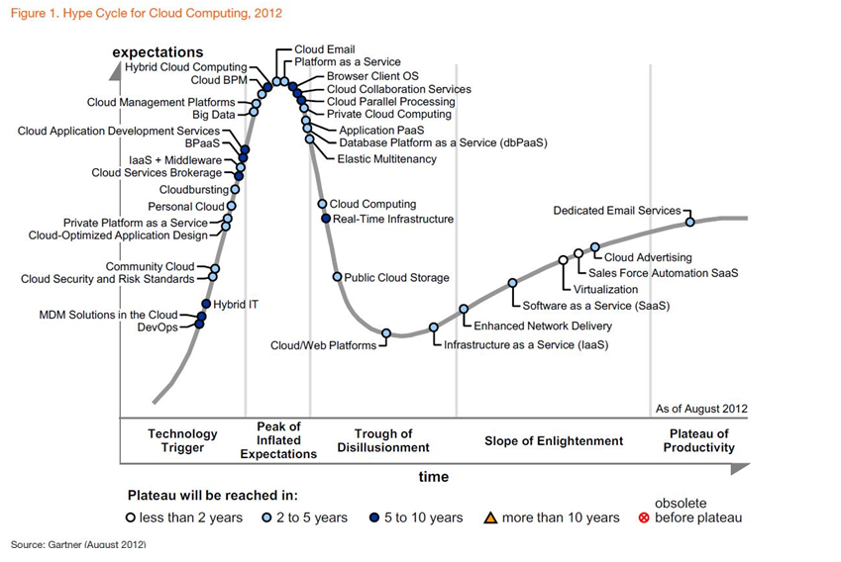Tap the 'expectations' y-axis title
(x=158, y=51)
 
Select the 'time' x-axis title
(x=433, y=477)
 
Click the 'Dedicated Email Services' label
(x=616, y=211)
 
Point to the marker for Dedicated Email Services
(x=690, y=222)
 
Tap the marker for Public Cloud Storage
(x=338, y=277)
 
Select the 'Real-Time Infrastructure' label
(x=393, y=220)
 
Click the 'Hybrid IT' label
(x=236, y=305)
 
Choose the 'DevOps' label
(x=158, y=328)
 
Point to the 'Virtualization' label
(x=606, y=290)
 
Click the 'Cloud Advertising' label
(x=648, y=258)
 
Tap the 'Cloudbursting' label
(x=192, y=189)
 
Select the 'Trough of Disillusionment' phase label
(x=383, y=440)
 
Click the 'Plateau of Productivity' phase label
(x=700, y=440)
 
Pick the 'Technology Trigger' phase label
(x=182, y=440)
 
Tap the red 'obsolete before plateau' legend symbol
(x=644, y=517)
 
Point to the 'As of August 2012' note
(x=701, y=409)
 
